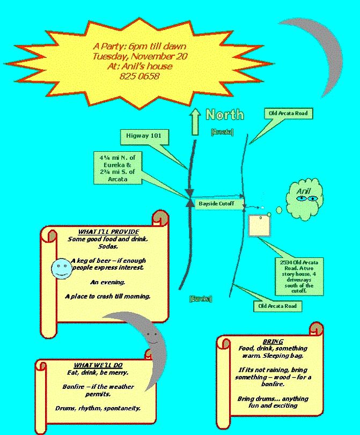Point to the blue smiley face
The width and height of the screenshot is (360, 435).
[62, 268]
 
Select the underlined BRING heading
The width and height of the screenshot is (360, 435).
[273, 342]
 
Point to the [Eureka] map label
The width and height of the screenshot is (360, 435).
[201, 299]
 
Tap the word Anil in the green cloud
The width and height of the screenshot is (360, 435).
[304, 191]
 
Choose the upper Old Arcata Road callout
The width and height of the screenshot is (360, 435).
[289, 114]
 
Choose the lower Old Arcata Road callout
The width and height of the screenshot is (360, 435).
[277, 306]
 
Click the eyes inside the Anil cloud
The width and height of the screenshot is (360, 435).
[306, 199]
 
